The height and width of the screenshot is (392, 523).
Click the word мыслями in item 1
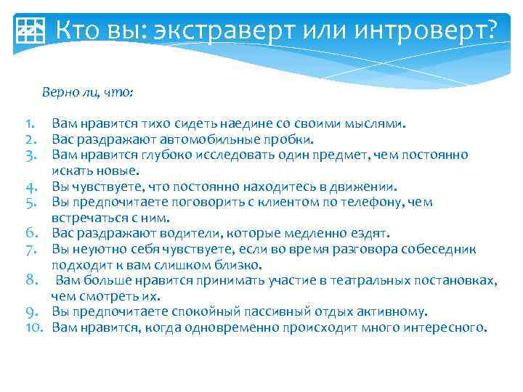[373, 124]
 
